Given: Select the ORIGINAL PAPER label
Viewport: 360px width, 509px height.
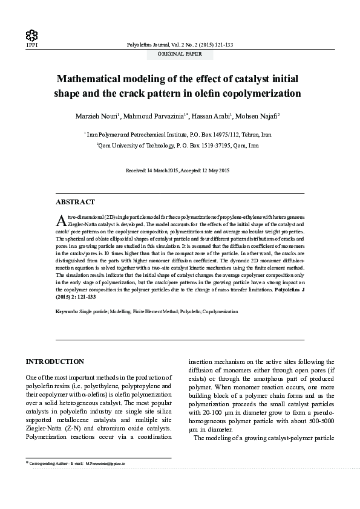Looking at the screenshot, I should coord(180,54).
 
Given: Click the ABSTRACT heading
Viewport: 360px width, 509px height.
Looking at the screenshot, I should coord(74,201).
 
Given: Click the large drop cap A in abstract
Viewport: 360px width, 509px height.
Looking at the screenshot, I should coord(60,219).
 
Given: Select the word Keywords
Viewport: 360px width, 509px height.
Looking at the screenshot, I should coord(66,311).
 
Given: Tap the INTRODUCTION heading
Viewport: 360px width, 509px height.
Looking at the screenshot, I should coord(54,361).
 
